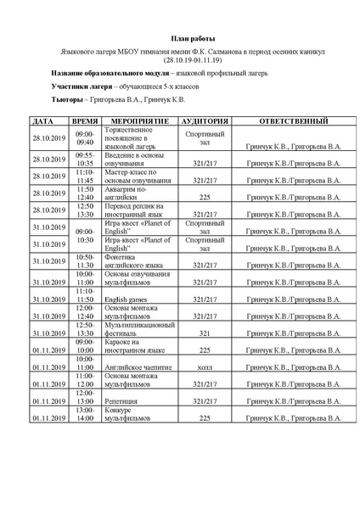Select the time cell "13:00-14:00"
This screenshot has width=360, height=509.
click(x=85, y=414)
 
